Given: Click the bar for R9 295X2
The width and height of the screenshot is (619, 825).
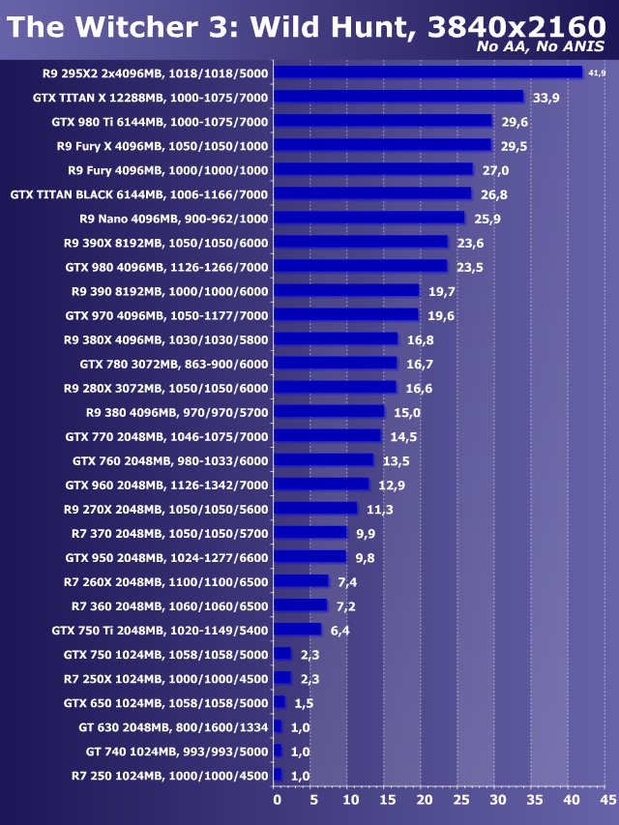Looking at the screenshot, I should [x=428, y=73].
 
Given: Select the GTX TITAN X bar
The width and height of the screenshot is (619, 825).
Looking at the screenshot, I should [x=398, y=97].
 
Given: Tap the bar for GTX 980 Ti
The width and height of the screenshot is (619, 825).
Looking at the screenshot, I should [x=383, y=121].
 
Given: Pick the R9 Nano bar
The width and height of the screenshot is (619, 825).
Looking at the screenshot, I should [x=369, y=218].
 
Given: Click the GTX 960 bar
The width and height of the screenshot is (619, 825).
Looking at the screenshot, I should [x=322, y=484].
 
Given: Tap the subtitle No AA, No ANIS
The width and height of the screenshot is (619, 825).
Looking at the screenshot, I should [x=541, y=47].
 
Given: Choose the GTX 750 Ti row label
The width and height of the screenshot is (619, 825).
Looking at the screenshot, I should [x=160, y=630].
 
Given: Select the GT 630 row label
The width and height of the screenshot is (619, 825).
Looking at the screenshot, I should [x=173, y=726].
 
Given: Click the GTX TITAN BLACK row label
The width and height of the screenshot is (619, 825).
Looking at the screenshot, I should [x=139, y=193].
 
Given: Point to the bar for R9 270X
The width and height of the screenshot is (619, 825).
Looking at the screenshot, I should [x=316, y=509].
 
